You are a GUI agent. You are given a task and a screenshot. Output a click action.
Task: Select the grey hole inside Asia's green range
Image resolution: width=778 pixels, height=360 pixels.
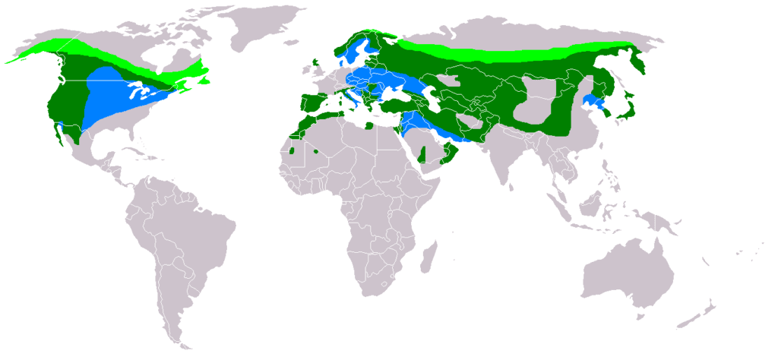coord(539,106)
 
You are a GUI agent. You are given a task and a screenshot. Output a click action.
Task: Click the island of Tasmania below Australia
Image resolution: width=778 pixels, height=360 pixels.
coord(650,322)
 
